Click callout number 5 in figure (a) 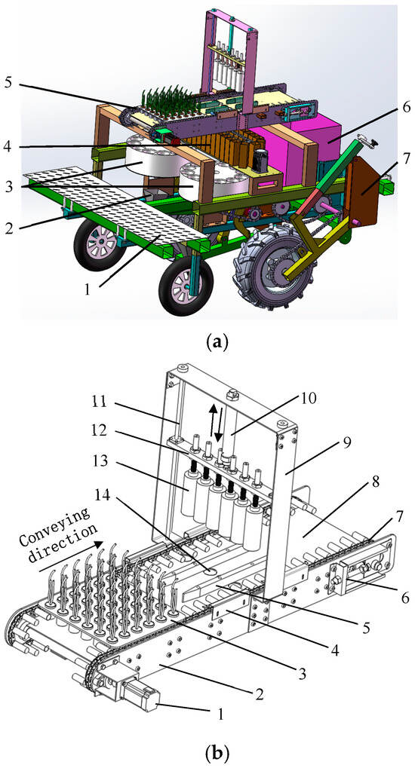[x=10, y=81]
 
